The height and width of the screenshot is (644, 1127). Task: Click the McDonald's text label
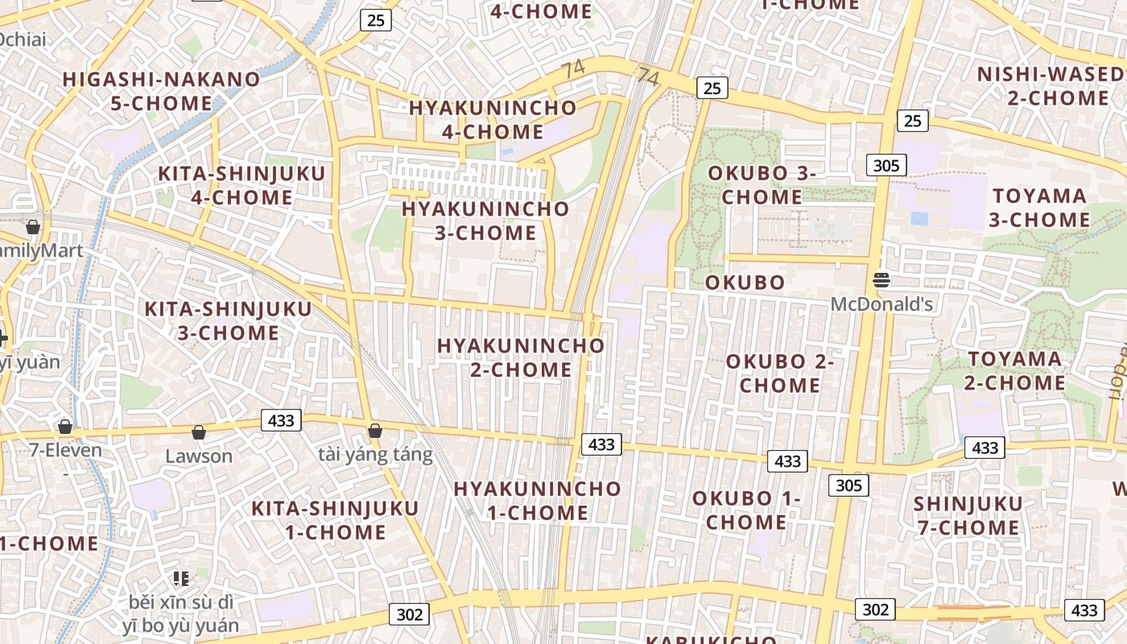[881, 304]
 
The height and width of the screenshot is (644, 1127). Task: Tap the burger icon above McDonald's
[881, 280]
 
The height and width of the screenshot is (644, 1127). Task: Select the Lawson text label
[199, 456]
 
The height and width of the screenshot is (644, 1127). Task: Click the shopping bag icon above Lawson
[199, 432]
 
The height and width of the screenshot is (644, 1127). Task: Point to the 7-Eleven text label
[66, 450]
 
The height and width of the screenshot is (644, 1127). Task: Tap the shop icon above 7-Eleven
[65, 426]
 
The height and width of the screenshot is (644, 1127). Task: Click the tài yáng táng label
[375, 455]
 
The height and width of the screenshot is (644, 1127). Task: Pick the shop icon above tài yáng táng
[374, 431]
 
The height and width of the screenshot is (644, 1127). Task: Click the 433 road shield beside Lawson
[281, 420]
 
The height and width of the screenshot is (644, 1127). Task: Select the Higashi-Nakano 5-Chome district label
[161, 92]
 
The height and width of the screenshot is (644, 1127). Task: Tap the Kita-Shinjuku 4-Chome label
[242, 186]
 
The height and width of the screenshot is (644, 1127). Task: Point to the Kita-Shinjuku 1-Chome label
[335, 520]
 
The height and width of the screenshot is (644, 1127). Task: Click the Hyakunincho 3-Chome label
[485, 221]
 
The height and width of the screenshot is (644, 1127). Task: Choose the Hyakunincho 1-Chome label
[538, 501]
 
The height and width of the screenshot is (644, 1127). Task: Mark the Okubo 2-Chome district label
[780, 374]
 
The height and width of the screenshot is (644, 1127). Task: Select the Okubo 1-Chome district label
[746, 510]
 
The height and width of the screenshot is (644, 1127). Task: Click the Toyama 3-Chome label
[1040, 208]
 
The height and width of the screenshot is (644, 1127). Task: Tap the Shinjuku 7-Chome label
[968, 516]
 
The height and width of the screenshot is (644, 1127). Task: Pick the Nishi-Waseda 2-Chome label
[1051, 86]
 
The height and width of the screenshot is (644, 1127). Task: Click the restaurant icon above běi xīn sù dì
[181, 578]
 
